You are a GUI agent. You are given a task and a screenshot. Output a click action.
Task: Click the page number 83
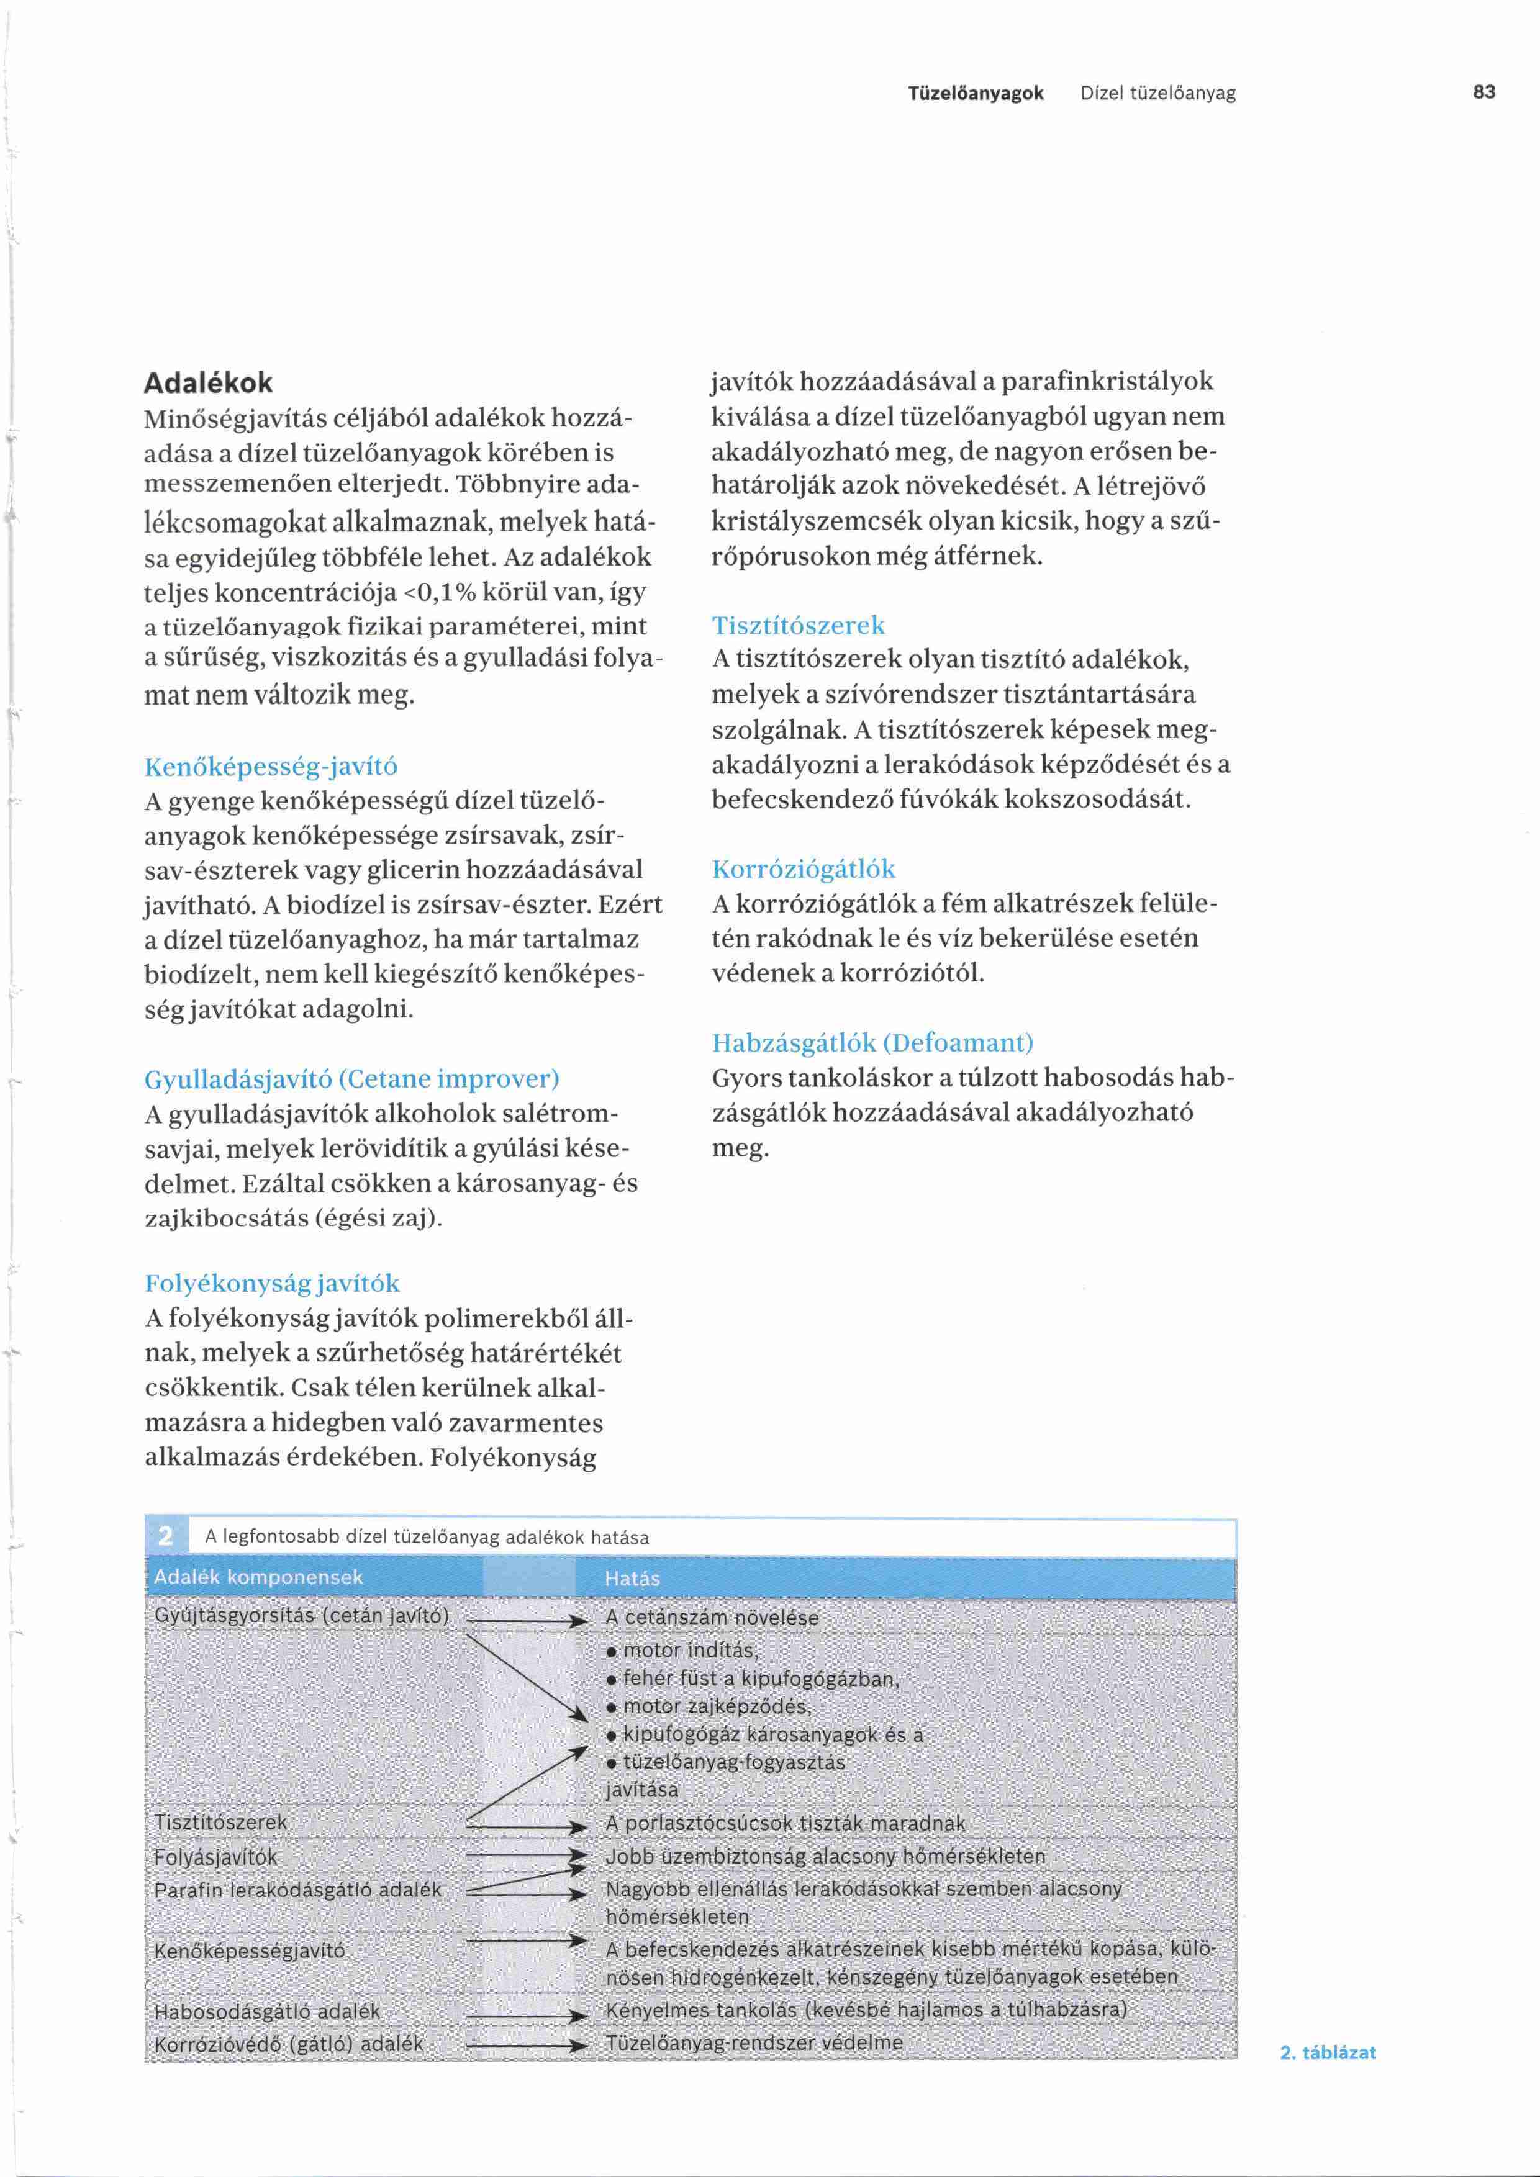1484,92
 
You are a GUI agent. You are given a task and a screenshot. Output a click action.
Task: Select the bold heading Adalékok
207,383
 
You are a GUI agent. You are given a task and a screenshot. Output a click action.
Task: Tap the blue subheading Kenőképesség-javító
271,766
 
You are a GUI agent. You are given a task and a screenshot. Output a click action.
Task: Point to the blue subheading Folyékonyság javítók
272,1284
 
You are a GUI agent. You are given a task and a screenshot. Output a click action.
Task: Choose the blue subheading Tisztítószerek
799,625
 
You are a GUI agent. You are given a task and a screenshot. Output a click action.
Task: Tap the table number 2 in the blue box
166,1535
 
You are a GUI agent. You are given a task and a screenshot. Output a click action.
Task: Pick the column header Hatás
632,1578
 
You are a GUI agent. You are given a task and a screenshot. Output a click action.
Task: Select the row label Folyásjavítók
215,1857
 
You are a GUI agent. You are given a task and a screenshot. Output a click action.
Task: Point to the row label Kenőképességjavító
250,1950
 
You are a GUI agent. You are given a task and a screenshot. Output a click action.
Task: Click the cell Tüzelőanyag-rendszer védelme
754,2042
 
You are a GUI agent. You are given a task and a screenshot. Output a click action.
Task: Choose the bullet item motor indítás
691,1650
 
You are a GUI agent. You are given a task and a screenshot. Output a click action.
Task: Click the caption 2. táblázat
1328,2052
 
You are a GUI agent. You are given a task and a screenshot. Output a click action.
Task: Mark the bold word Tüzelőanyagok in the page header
976,93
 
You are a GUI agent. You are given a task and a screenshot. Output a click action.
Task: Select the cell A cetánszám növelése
711,1616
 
